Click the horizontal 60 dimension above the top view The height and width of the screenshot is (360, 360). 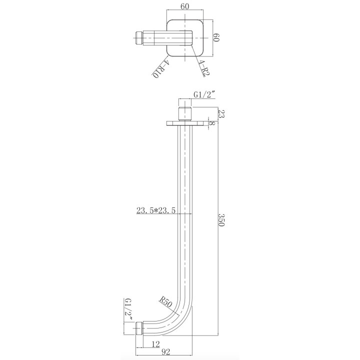point(185,6)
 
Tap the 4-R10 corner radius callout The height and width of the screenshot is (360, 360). point(160,69)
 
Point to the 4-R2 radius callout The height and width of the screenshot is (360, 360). point(204,68)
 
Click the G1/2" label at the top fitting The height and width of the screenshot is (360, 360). point(204,94)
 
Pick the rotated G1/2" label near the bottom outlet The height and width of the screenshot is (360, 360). point(128,309)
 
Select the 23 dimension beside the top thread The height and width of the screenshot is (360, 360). point(221,113)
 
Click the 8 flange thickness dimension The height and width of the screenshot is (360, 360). point(212,123)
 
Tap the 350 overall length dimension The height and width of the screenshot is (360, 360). point(221,219)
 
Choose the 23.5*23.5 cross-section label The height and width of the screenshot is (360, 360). point(156,210)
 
